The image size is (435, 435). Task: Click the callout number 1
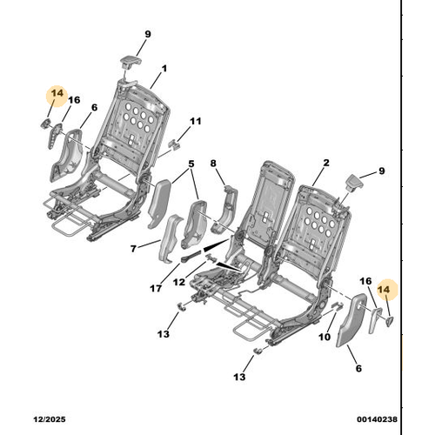(164, 69)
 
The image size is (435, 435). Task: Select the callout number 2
(326, 163)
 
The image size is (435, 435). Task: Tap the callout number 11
(195, 121)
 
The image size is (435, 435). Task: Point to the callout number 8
(213, 164)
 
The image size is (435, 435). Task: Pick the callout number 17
(156, 288)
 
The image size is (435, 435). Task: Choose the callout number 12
(179, 282)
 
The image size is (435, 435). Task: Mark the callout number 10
(325, 337)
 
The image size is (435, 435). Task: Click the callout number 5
(191, 164)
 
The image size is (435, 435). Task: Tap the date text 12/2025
(50, 419)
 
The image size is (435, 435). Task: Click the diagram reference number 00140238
(377, 419)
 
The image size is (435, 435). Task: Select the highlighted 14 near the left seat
(57, 93)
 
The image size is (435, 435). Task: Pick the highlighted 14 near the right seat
(384, 290)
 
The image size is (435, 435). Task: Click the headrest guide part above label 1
(130, 62)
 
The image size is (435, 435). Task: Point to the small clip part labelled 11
(174, 144)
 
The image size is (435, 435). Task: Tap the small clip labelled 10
(338, 305)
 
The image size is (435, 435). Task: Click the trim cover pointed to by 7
(171, 238)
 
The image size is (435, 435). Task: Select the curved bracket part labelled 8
(224, 209)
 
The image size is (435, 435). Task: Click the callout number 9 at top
(148, 34)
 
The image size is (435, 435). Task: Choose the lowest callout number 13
(239, 377)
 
